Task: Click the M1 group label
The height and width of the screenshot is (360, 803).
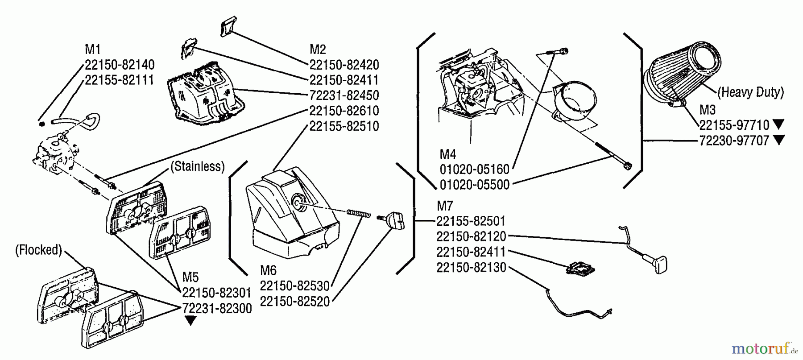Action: tap(93, 49)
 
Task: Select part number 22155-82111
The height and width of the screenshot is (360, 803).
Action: tap(119, 80)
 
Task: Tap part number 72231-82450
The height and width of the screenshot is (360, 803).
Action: tap(344, 95)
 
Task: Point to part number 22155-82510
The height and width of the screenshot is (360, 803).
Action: tap(344, 126)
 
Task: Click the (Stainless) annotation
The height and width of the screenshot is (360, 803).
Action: tap(197, 166)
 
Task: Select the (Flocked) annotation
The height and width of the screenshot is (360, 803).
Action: tap(38, 250)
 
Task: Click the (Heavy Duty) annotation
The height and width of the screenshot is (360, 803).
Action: tap(750, 92)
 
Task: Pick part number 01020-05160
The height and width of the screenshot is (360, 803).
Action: tap(474, 170)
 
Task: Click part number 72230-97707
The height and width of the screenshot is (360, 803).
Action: tap(734, 141)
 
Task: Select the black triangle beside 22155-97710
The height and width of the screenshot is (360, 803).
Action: tap(779, 124)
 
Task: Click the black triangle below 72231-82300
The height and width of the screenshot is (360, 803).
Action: tap(190, 320)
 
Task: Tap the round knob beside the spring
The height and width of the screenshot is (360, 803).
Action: tap(394, 220)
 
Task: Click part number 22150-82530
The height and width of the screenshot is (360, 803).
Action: tap(294, 286)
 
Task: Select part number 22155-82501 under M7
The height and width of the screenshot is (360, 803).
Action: tap(471, 221)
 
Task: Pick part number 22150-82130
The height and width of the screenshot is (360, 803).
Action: tap(471, 267)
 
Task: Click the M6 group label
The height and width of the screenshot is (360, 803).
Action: tap(268, 270)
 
